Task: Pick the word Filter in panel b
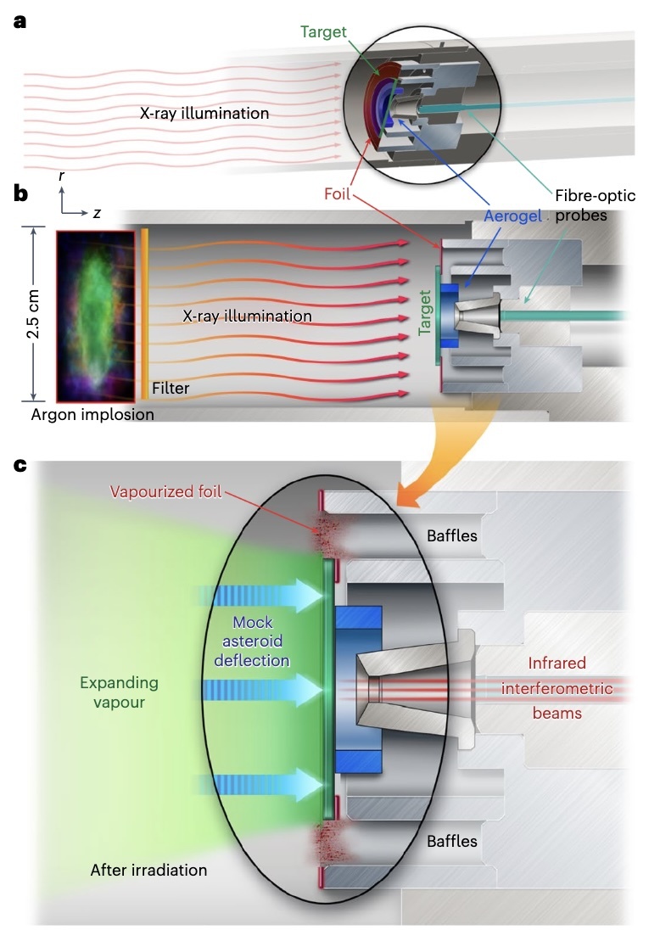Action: tap(170, 389)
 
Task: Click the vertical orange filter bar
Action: tap(144, 314)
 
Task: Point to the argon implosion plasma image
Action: tap(95, 315)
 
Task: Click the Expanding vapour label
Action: tap(118, 692)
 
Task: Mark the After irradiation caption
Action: tap(148, 870)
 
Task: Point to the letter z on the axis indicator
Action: tap(97, 214)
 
